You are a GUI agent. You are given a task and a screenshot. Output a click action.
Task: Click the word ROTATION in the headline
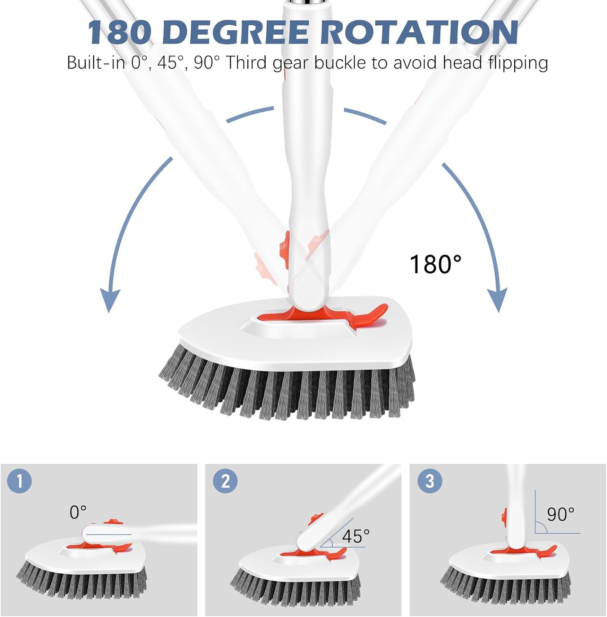[x=420, y=32]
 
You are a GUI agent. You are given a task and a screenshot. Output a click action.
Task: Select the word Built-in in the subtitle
[x=96, y=63]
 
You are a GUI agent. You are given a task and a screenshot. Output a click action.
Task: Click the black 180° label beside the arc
[x=436, y=264]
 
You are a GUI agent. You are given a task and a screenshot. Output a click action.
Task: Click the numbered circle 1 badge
[x=19, y=481]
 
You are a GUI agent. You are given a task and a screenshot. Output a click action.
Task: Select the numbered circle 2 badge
[x=225, y=481]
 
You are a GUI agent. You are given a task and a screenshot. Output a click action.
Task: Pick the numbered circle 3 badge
[x=430, y=481]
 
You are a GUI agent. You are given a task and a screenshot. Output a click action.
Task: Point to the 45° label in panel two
[x=355, y=536]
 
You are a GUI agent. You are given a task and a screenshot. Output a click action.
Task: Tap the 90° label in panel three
[x=560, y=514]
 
